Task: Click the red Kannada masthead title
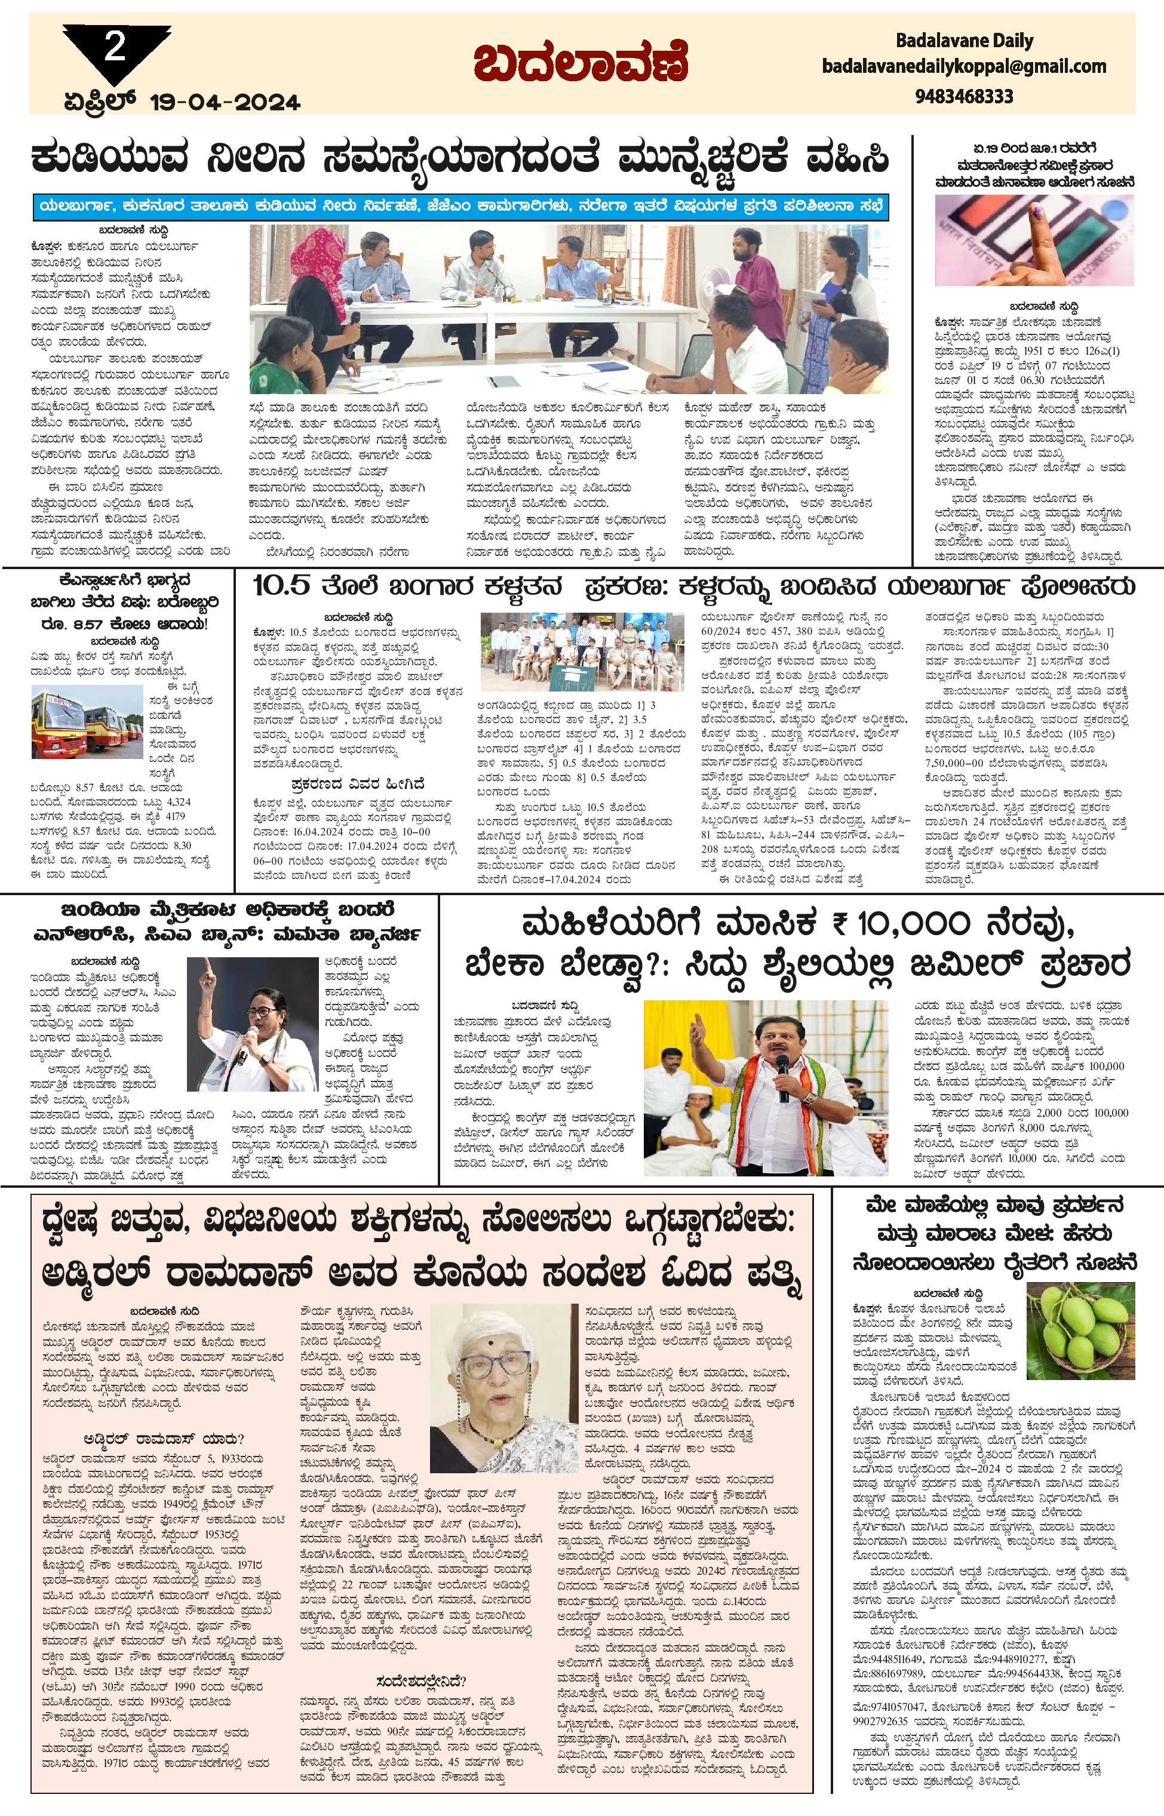[x=581, y=62]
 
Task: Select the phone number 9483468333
[x=964, y=96]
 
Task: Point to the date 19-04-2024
[x=225, y=102]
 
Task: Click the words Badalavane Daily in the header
[x=964, y=41]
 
